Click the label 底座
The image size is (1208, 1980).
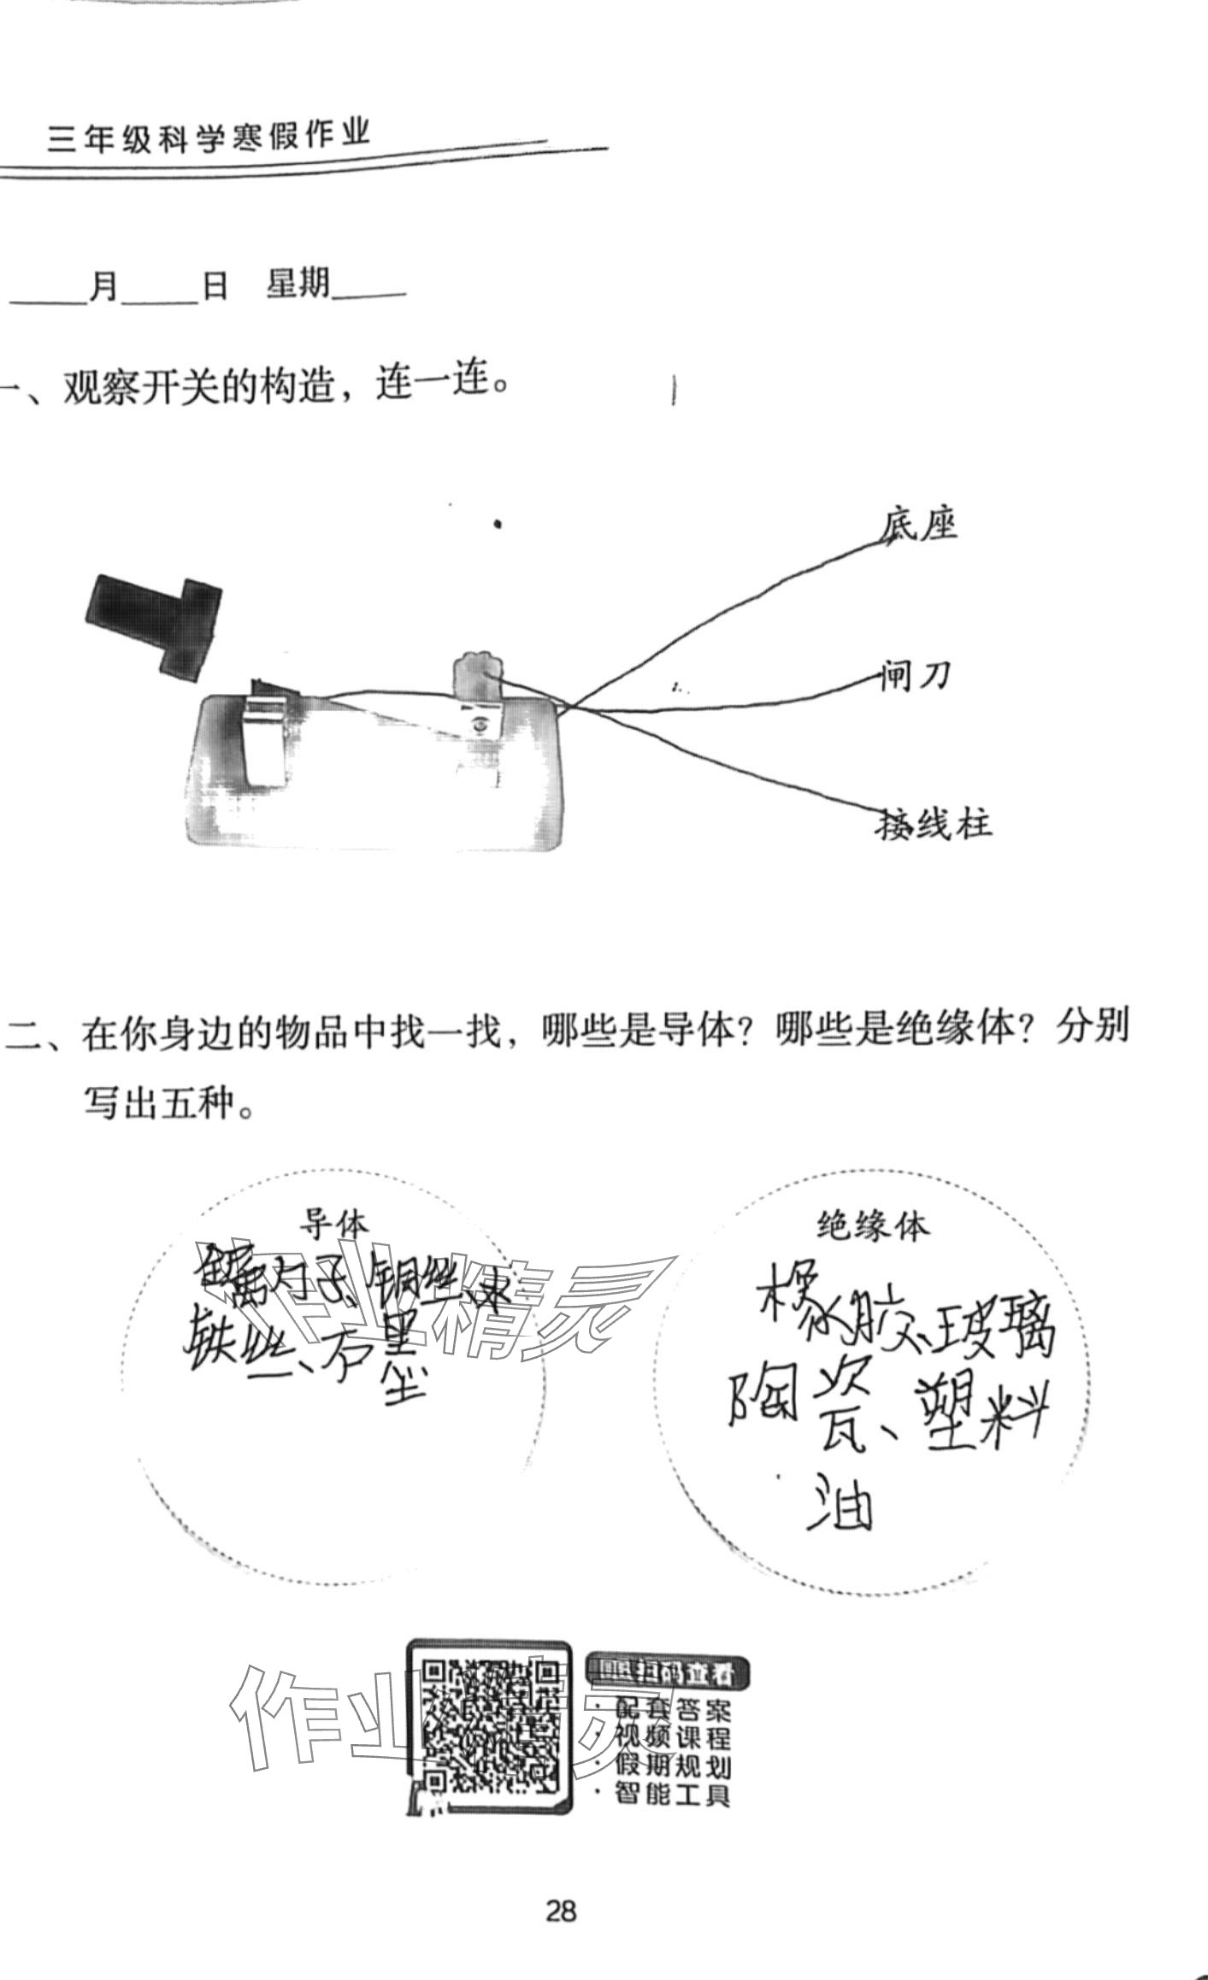click(919, 525)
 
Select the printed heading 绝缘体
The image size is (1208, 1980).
click(872, 1228)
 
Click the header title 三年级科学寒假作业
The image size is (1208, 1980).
click(209, 138)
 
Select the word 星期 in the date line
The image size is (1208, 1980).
click(298, 285)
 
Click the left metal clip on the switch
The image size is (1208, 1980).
click(267, 736)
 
